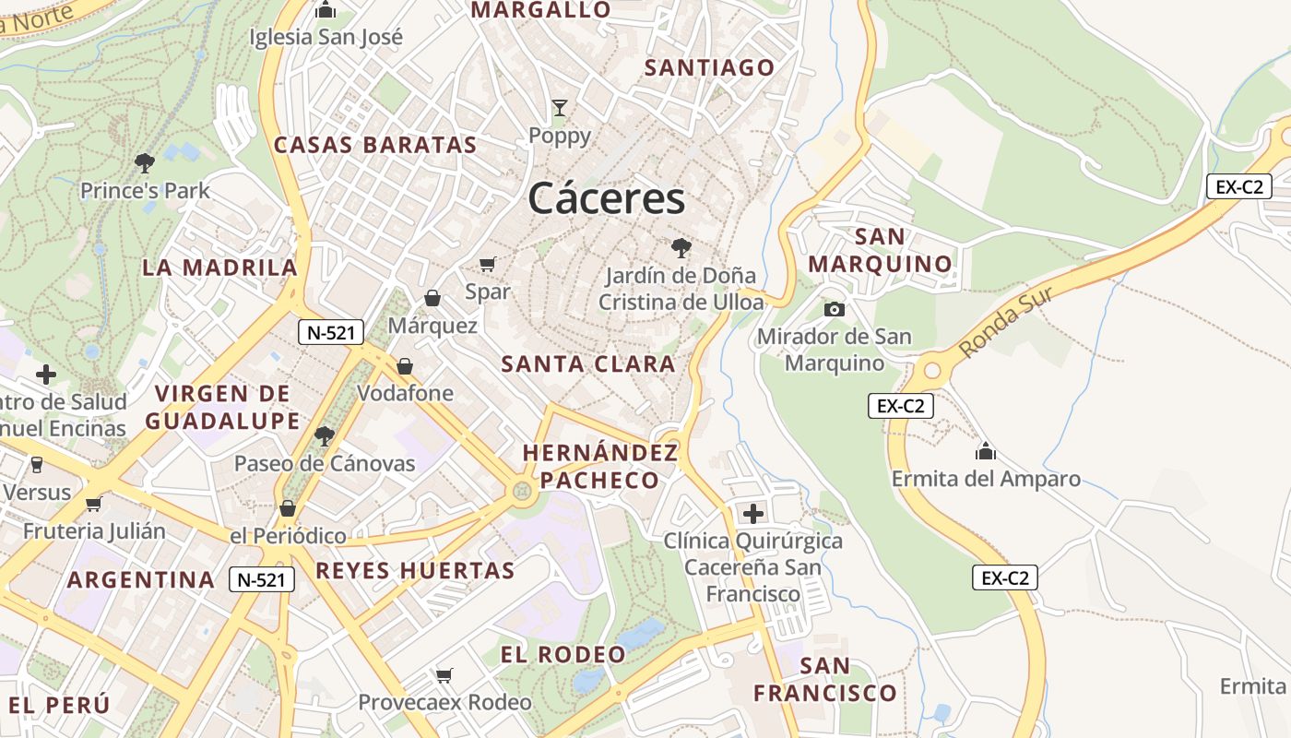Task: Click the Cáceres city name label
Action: pos(607,198)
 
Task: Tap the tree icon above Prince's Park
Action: pos(144,163)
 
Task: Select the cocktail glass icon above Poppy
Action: pos(559,108)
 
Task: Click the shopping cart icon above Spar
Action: pos(488,265)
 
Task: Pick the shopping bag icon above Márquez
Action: pos(432,298)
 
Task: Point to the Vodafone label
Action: pos(405,393)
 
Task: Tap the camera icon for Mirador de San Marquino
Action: pos(834,309)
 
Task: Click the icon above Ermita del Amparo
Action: pos(986,451)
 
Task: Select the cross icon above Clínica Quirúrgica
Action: pos(753,513)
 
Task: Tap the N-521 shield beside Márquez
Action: pos(330,333)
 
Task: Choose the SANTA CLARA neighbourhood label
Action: pos(588,363)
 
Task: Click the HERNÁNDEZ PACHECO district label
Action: pos(600,466)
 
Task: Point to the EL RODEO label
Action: pos(563,655)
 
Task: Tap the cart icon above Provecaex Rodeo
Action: pos(444,675)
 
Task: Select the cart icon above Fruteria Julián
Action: pos(93,504)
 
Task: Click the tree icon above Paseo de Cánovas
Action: pos(324,435)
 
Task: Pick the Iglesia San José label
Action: pos(326,37)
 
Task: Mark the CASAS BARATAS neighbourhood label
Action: pos(375,145)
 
